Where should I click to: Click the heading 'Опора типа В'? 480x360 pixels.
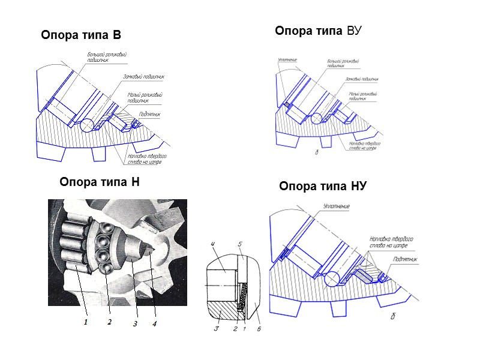pos(81,35)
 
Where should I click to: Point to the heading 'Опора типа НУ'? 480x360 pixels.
pos(323,187)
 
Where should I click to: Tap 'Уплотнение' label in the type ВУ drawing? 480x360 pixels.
pos(287,59)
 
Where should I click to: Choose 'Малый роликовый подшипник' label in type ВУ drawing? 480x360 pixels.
pos(362,96)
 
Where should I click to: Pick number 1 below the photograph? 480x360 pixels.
pos(86,322)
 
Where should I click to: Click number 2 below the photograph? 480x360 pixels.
pos(110,322)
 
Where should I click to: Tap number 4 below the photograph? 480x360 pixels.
pos(154,325)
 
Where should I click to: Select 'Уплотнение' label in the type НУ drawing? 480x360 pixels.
pos(336,206)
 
